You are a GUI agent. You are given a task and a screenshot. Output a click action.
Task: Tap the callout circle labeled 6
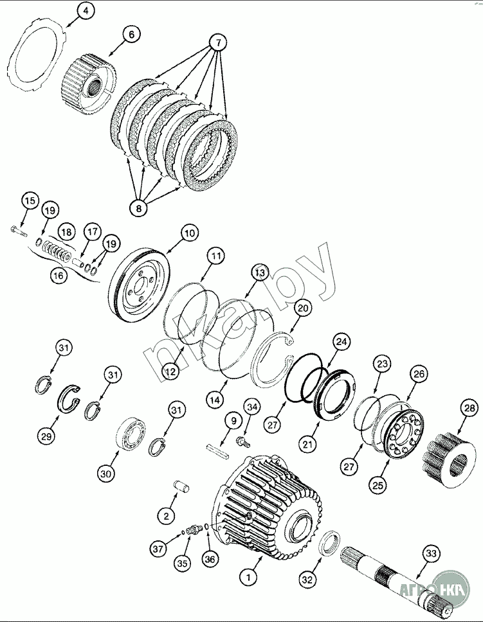[131, 35]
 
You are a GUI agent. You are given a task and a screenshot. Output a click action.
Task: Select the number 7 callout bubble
[219, 42]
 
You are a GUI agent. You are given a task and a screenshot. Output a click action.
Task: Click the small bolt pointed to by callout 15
[18, 231]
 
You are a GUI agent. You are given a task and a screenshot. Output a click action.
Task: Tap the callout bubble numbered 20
[303, 308]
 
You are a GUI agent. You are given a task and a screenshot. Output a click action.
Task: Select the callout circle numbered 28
[469, 409]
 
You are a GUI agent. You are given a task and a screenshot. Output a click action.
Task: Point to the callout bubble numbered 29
[46, 436]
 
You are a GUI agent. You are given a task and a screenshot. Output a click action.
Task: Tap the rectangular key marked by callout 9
[218, 452]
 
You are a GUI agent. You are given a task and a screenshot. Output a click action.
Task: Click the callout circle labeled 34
[252, 407]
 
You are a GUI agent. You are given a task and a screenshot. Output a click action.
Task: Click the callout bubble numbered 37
[158, 549]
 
